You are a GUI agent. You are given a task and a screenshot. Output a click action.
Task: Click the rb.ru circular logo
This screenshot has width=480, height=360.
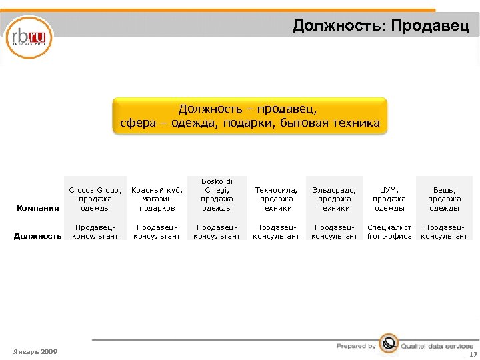click(29, 37)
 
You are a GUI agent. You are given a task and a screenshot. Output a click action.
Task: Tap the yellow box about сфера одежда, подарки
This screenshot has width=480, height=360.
click(250, 116)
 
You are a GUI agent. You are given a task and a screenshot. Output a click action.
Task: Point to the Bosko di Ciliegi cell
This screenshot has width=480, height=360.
click(217, 194)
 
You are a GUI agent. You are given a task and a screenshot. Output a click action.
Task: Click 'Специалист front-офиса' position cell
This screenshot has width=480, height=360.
click(389, 232)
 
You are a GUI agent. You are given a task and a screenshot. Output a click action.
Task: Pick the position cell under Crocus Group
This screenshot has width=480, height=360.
click(95, 232)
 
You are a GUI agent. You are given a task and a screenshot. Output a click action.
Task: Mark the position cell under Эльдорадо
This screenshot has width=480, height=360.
click(334, 232)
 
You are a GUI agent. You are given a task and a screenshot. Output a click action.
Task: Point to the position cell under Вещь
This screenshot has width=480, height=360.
click(444, 232)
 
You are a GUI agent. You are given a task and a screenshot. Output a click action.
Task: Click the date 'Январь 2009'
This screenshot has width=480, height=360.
click(35, 351)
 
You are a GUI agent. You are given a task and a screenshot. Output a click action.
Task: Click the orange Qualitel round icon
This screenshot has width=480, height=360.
click(388, 343)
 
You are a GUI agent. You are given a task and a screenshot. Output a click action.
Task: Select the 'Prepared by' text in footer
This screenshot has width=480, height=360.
click(356, 346)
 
